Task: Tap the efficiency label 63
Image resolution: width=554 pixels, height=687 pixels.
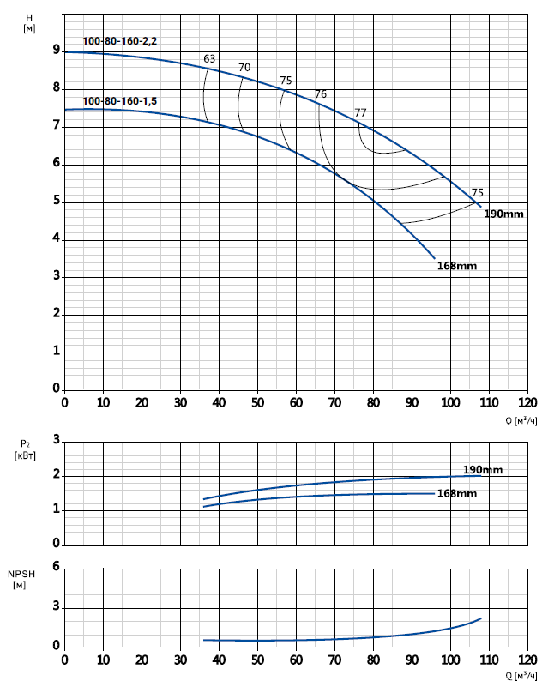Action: [209, 58]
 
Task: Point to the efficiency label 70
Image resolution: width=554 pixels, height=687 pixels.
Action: [244, 67]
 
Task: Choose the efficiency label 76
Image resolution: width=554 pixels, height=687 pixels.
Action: [321, 93]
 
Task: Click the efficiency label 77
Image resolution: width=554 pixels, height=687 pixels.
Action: [360, 112]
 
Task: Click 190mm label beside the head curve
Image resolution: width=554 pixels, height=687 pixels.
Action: [503, 214]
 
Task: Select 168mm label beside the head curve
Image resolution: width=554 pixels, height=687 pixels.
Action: [456, 266]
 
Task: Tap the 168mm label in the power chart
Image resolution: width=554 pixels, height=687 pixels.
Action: [456, 493]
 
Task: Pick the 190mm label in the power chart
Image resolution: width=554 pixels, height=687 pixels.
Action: [483, 469]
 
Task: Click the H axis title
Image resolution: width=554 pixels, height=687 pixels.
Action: [30, 22]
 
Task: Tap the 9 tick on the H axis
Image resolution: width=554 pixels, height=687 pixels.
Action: [56, 51]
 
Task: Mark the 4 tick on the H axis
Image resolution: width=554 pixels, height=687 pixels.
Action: [56, 238]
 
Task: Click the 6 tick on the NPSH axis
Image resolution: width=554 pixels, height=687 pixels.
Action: [56, 567]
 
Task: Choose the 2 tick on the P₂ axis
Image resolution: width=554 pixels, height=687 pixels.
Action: [56, 475]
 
